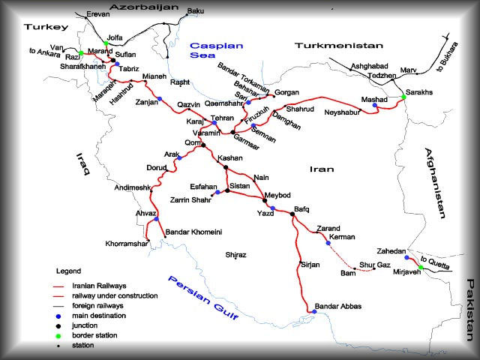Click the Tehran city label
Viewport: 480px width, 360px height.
coord(223,118)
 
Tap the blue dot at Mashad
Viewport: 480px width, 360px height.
coord(375,106)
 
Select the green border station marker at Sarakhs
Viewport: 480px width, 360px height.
coord(403,97)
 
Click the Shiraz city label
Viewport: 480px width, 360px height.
coord(235,255)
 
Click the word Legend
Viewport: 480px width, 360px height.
coord(68,270)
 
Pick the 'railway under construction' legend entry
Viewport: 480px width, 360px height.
coord(115,296)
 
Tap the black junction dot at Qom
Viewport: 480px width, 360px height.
coord(203,146)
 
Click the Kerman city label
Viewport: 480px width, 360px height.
coord(341,237)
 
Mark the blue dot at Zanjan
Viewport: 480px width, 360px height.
coord(159,99)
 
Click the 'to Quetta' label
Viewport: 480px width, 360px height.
coord(436,265)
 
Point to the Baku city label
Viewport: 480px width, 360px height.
coord(195,11)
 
